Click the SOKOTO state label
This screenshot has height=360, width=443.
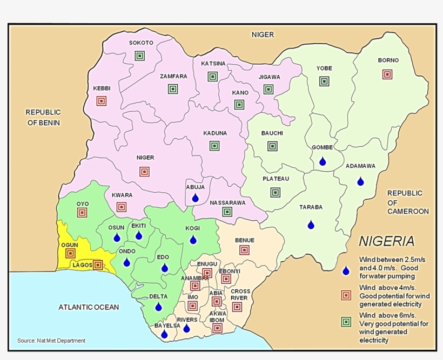click(x=141, y=43)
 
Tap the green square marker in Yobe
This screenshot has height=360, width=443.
click(x=324, y=81)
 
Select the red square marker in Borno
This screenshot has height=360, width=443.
click(x=387, y=74)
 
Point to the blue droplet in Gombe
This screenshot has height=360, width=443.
click(x=323, y=161)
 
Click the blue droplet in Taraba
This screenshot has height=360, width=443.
click(x=311, y=225)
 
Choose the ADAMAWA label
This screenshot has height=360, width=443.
click(x=360, y=166)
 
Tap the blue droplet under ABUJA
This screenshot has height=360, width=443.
click(x=196, y=198)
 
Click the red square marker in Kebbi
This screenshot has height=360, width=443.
click(x=101, y=101)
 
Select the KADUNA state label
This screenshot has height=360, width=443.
click(x=215, y=133)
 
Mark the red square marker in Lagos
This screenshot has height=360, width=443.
click(x=98, y=265)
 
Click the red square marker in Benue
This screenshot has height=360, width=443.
click(x=244, y=250)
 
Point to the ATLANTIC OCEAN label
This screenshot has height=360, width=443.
click(x=89, y=307)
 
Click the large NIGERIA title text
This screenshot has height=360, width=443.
click(x=387, y=241)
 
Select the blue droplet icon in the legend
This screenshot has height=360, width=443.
click(x=346, y=270)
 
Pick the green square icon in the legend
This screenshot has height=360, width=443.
click(x=346, y=322)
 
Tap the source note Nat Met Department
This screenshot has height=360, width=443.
click(x=51, y=341)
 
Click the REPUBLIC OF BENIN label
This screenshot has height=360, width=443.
click(x=43, y=117)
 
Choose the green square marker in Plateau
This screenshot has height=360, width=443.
click(x=276, y=192)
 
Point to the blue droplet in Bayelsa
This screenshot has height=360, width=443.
click(x=164, y=335)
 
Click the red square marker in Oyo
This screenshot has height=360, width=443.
click(x=82, y=213)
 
